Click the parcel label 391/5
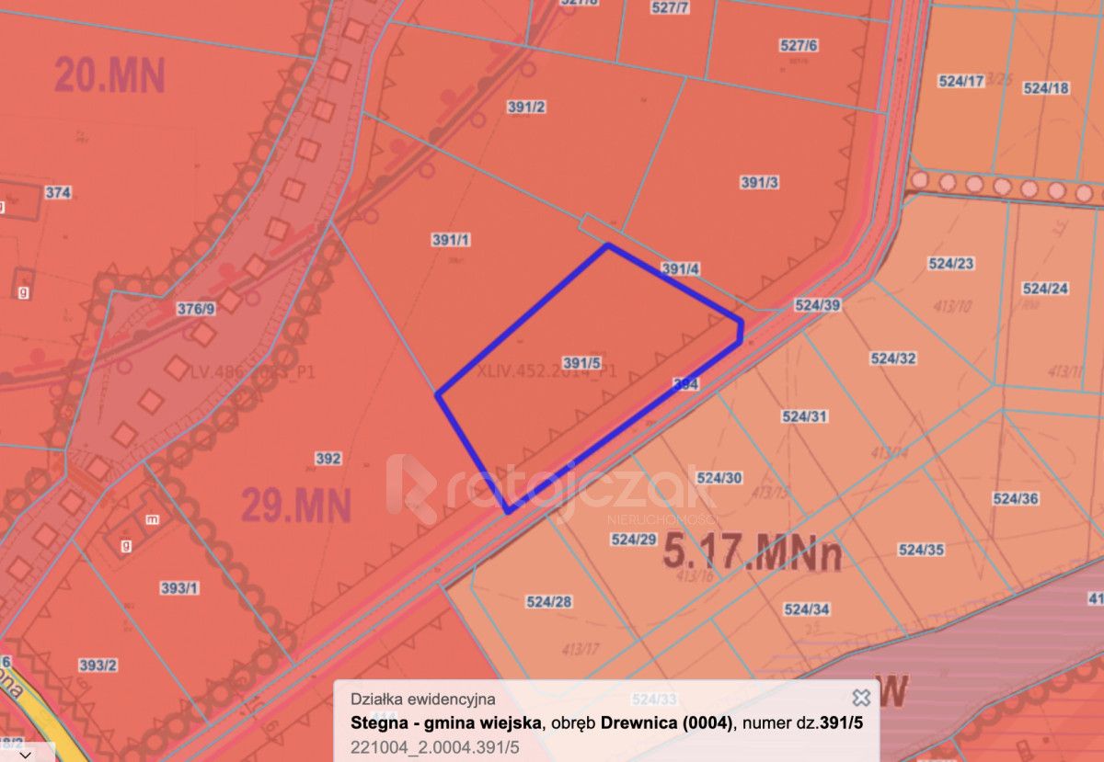pos(581,362)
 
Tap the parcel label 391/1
pos(451,240)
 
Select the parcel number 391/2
pos(526,107)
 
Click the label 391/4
pos(681,268)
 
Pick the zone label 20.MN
pos(109,74)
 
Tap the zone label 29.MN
pos(296,505)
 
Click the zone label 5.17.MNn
pos(752,553)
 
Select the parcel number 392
pos(328,459)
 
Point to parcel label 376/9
pos(195,309)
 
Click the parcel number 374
pos(58,192)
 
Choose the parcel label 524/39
pos(817,305)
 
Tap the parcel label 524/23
pos(950,263)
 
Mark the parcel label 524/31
pos(805,416)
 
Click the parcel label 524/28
pos(549,602)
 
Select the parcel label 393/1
pos(178,588)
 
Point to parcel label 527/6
pos(798,45)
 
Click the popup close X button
pos(861,698)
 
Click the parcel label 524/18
pos(1046,88)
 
